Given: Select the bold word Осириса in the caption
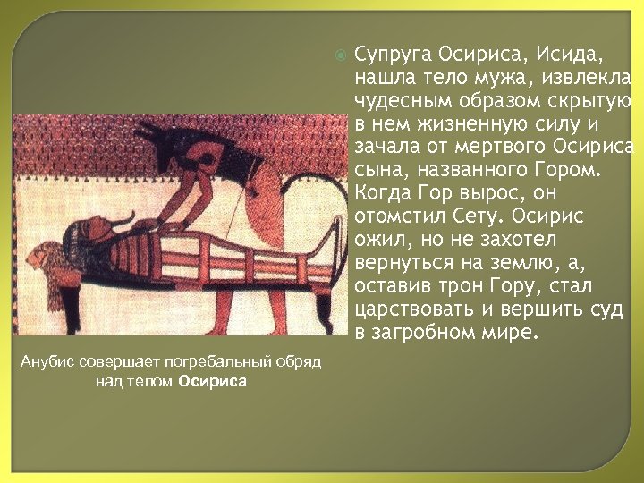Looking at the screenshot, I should pos(212,382).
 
